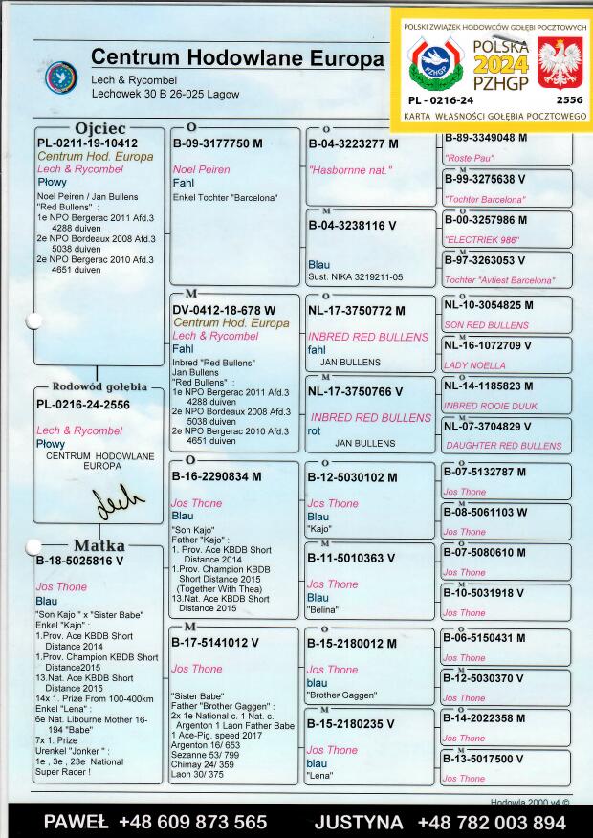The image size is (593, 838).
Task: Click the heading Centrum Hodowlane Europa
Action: click(237, 58)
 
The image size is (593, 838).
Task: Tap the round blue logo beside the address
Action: click(61, 77)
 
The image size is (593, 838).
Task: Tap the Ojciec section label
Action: click(99, 128)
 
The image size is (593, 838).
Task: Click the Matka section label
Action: click(99, 546)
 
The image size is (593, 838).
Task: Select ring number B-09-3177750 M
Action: click(217, 143)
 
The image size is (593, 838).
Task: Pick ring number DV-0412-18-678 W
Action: click(224, 311)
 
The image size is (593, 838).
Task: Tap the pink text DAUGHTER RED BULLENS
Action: click(503, 446)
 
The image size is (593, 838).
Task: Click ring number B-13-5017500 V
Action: click(484, 759)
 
